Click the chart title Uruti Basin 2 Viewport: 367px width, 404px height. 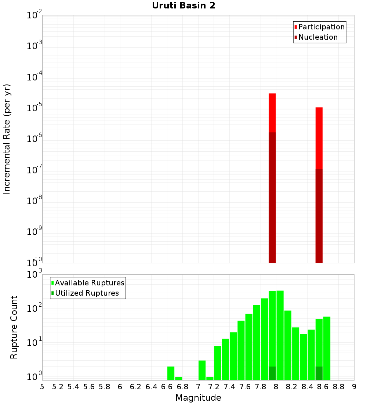tap(183, 6)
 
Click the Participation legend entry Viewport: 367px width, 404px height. tap(321, 27)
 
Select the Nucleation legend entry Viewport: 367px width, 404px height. tap(317, 37)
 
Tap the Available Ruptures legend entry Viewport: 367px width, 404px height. tap(89, 283)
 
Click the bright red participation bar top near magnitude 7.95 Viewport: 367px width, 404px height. tap(272, 110)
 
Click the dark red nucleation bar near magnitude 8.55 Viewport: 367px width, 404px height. tap(319, 217)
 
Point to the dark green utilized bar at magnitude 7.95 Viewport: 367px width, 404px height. tap(272, 373)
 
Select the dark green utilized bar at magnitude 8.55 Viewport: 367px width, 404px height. tap(319, 373)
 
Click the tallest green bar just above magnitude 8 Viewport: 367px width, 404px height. tap(280, 334)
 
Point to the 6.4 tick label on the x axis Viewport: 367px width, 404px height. tap(151, 387)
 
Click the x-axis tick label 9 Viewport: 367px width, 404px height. tap(354, 387)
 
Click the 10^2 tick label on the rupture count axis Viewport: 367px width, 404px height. tap(34, 308)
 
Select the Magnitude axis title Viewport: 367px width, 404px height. tap(198, 398)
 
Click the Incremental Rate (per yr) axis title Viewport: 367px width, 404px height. tap(7, 139)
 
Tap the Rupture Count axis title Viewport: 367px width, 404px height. tap(14, 327)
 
